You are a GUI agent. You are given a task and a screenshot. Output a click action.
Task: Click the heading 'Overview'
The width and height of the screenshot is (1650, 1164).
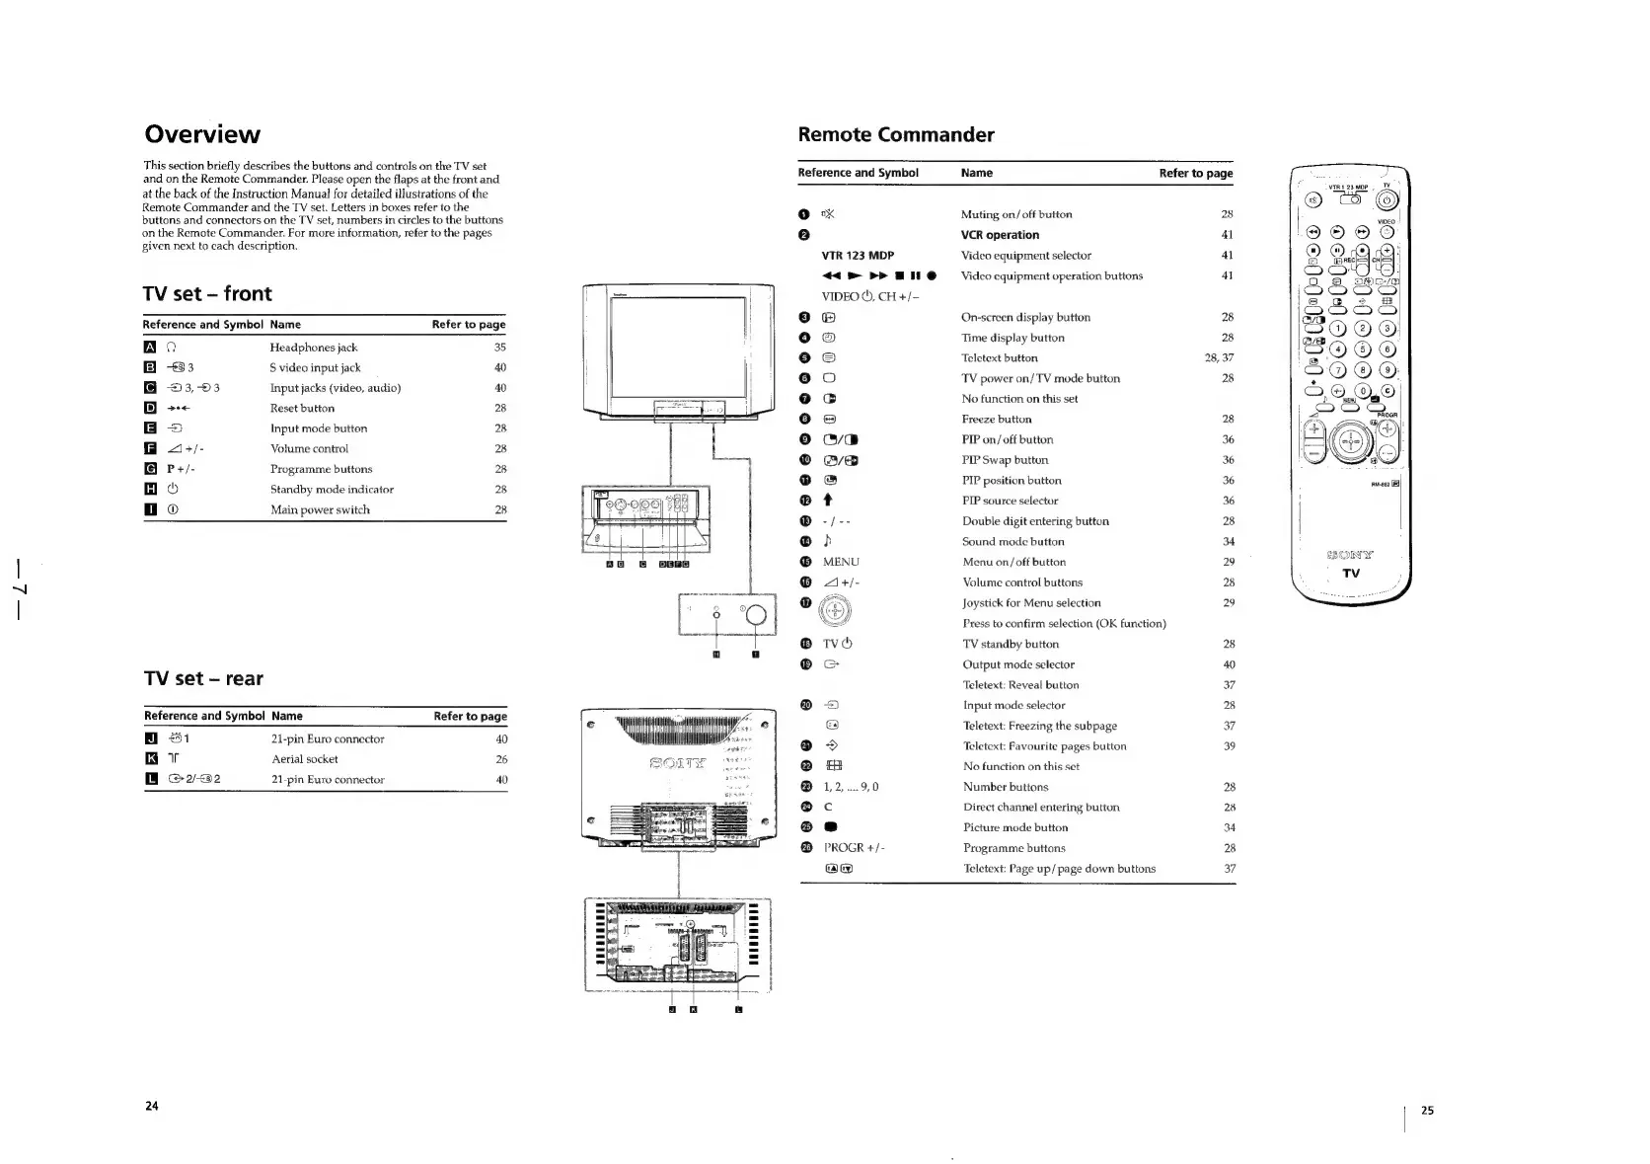[202, 134]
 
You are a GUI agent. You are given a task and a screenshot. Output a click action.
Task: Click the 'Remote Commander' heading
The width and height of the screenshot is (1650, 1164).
[895, 134]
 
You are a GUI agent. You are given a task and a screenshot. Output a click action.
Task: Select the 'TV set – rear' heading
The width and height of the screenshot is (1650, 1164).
[203, 678]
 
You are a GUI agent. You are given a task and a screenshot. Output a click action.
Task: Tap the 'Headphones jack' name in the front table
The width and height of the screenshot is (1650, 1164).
[313, 348]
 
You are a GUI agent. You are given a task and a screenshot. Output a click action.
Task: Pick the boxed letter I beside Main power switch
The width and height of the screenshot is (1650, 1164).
[149, 509]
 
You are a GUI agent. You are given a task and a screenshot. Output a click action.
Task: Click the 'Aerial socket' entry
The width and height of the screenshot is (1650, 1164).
[304, 759]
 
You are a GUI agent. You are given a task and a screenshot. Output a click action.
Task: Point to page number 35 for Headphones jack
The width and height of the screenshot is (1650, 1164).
[499, 348]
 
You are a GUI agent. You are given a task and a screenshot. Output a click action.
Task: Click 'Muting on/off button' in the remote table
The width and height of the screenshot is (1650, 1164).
[1015, 214]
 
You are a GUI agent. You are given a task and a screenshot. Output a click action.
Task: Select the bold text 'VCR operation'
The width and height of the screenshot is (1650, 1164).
[1000, 235]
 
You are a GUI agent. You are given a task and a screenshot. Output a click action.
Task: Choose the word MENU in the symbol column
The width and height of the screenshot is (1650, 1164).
[841, 562]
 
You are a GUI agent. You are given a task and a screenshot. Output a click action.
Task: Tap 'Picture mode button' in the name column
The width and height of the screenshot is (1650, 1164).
[1014, 827]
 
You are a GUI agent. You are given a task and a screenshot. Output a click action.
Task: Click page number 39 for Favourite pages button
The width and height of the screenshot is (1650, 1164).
[1229, 746]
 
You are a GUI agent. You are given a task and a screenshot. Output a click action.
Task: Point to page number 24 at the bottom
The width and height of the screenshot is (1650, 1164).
[152, 1106]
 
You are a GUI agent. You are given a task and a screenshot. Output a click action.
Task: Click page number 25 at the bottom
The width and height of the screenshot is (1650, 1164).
[1427, 1111]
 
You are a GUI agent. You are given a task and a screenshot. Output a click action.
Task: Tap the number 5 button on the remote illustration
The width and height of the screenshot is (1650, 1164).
[1363, 349]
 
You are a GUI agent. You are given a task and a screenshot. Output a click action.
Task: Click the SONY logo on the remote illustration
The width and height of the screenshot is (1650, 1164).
[1351, 555]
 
